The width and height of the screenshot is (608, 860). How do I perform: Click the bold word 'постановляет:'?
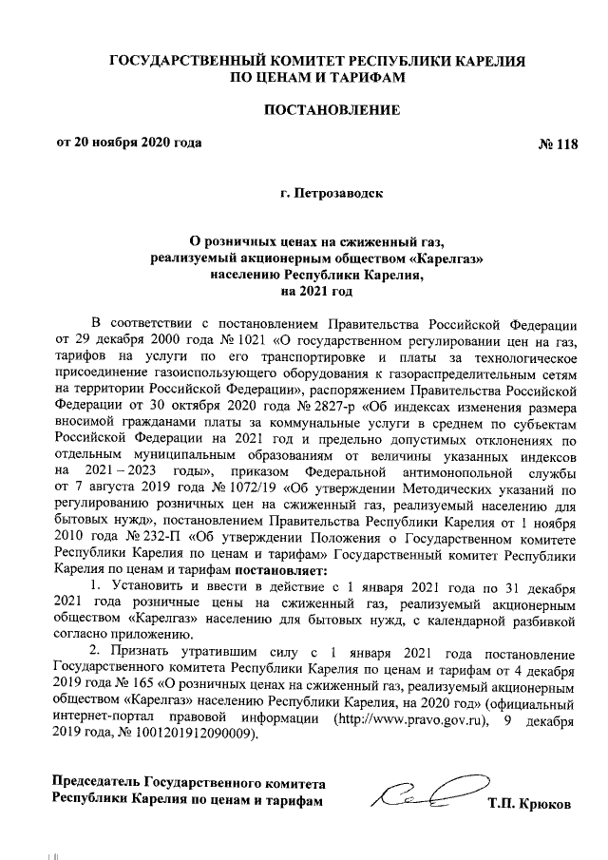(275, 570)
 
